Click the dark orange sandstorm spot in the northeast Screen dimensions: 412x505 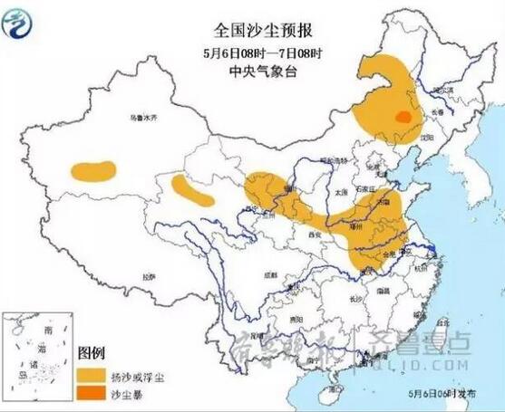click(400, 116)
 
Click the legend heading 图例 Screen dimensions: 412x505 click(92, 351)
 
